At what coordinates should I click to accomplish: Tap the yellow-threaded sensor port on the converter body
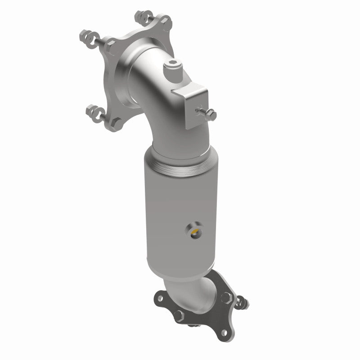click(195, 232)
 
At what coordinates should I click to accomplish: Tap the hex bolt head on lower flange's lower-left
click(179, 315)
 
